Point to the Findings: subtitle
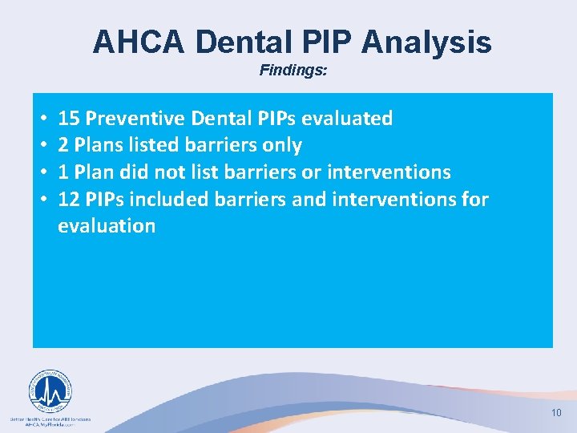[293, 71]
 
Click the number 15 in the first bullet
[69, 119]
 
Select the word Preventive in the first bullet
[136, 119]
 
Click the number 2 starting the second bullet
[63, 145]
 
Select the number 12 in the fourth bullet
[69, 199]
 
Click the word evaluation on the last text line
[107, 226]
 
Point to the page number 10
[556, 412]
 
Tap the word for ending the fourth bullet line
[474, 199]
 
